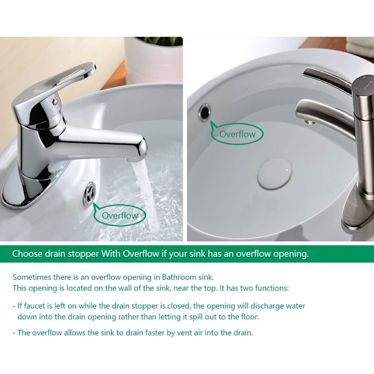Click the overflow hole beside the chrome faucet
click(89, 194)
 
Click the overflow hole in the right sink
click(204, 112)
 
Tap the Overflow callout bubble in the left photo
click(120, 215)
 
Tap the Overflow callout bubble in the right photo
click(237, 133)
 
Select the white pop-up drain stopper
click(274, 173)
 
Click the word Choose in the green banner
click(27, 254)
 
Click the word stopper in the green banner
click(84, 254)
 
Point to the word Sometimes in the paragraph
click(32, 277)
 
